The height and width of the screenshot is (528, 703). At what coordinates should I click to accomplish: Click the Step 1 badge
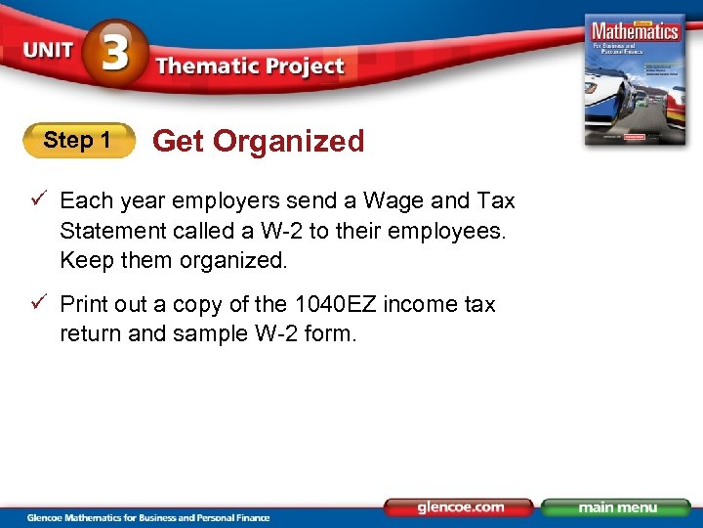78,141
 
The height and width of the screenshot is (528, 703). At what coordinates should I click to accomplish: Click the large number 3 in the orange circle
115,54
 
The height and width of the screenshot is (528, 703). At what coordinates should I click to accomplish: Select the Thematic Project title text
250,66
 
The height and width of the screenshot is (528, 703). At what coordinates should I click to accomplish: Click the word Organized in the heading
289,141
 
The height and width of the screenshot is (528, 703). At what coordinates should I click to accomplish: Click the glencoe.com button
458,507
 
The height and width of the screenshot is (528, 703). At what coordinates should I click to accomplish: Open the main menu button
615,507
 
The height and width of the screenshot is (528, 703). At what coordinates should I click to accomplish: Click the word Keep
85,260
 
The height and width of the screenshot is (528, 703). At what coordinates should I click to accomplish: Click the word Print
84,304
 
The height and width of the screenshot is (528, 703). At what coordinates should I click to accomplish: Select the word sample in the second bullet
208,333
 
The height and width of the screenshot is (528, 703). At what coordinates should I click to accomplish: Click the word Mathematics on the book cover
636,30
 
